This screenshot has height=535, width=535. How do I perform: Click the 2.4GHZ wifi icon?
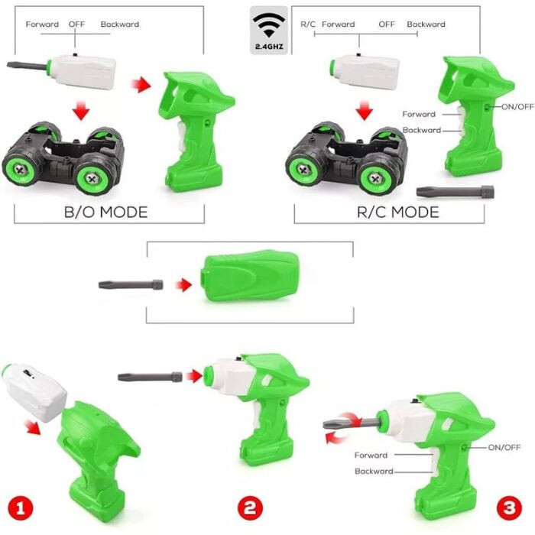coord(269,31)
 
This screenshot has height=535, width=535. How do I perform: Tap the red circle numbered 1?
coord(21,510)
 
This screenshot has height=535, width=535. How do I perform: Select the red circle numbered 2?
coord(250,508)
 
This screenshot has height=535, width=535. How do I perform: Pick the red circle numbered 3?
coord(510,508)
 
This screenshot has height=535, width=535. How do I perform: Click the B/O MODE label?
coord(105,212)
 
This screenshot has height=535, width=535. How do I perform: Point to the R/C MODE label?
coord(398,212)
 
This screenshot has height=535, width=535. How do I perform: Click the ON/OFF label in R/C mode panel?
coord(517,107)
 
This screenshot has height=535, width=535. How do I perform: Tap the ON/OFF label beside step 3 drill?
coord(504,447)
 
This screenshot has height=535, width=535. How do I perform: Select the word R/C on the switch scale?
coord(308,24)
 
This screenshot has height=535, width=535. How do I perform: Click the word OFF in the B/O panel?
coord(76,24)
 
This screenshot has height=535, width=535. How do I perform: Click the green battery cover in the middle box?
coord(251,276)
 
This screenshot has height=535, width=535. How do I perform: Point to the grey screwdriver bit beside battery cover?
coord(131,284)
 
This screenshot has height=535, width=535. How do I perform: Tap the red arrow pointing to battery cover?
coord(184,285)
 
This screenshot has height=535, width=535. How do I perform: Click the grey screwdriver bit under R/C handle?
coord(456,191)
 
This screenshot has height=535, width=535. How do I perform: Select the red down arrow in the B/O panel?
coord(81,110)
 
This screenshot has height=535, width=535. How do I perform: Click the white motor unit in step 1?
coord(34,393)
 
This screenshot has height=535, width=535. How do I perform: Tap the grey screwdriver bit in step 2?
coord(150,377)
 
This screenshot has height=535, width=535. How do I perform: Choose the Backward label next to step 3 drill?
coord(374,472)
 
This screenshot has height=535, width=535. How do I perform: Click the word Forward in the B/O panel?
coord(42,24)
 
